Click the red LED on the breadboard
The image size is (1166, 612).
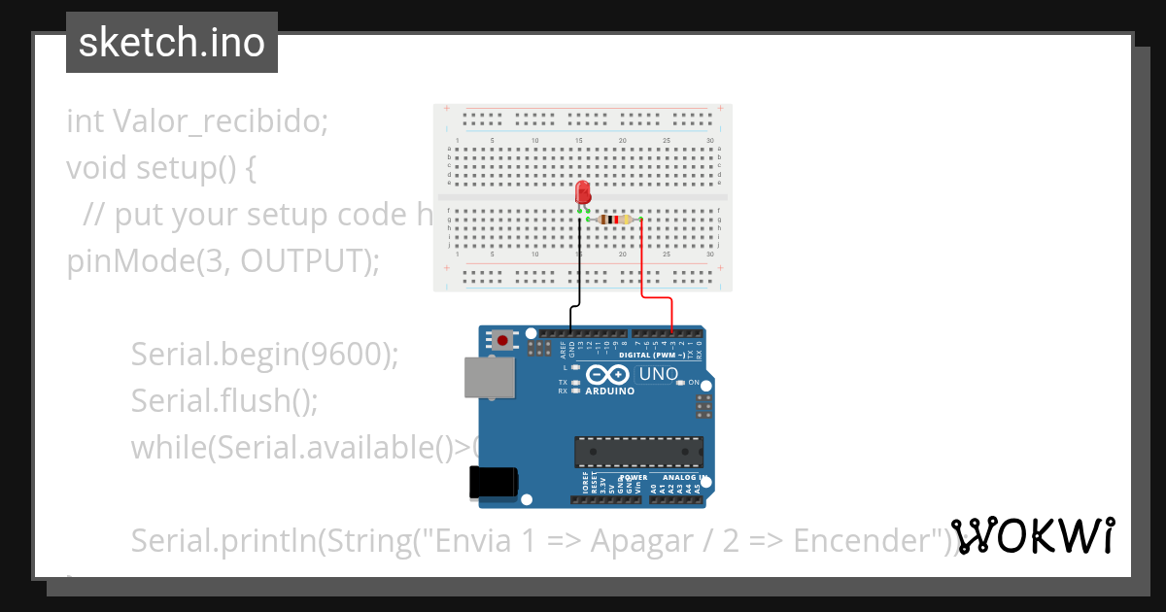(583, 192)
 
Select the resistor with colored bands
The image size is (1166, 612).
(615, 220)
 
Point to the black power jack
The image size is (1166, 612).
(494, 483)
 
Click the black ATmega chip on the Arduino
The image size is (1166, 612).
(638, 452)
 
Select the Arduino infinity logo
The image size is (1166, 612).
(607, 375)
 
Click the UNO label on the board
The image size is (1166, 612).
(657, 374)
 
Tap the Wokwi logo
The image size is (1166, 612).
(1032, 536)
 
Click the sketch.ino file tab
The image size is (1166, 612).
(172, 43)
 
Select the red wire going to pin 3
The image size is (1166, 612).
(644, 262)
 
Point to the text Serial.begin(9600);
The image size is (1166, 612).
(265, 355)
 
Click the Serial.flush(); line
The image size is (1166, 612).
(224, 400)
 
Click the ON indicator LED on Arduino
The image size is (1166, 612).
(680, 383)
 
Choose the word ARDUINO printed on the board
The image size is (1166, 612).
(610, 391)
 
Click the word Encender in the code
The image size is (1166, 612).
(870, 540)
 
